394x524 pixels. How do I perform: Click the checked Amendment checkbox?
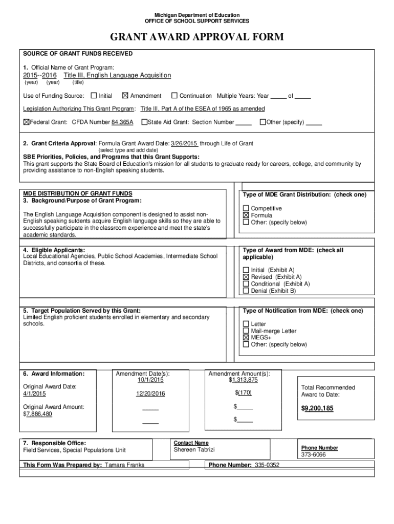click(125, 96)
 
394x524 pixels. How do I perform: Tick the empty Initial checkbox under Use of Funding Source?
click(94, 96)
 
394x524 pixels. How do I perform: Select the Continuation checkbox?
click(174, 96)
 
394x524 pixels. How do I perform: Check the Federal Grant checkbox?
click(27, 122)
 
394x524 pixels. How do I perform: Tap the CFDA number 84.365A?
click(122, 122)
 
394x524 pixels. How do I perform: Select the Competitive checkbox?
click(246, 208)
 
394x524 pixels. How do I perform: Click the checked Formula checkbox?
click(246, 215)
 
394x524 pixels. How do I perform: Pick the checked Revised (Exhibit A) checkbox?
click(246, 277)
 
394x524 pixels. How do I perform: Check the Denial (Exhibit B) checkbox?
click(246, 291)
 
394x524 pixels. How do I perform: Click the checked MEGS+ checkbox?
click(246, 338)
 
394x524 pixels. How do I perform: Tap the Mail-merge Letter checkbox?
click(246, 331)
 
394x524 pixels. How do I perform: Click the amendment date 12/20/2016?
click(150, 394)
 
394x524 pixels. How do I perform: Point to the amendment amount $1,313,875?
click(243, 380)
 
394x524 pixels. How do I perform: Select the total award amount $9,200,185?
click(317, 408)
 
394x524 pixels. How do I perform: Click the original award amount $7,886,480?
click(38, 414)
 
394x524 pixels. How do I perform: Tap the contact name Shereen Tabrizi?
click(194, 449)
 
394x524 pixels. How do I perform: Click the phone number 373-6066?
click(313, 454)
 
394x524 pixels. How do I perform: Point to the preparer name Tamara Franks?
click(124, 465)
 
